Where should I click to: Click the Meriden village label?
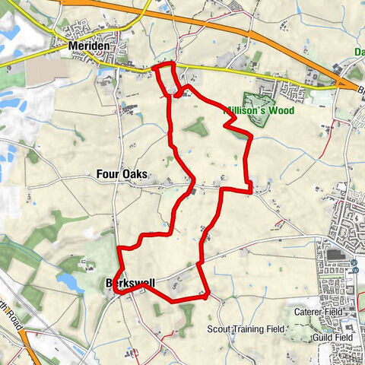[87, 46]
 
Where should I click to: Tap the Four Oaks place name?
[122, 174]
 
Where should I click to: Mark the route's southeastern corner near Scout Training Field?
[208, 294]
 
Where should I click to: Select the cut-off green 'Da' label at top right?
[358, 52]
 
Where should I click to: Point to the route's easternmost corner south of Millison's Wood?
[250, 187]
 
